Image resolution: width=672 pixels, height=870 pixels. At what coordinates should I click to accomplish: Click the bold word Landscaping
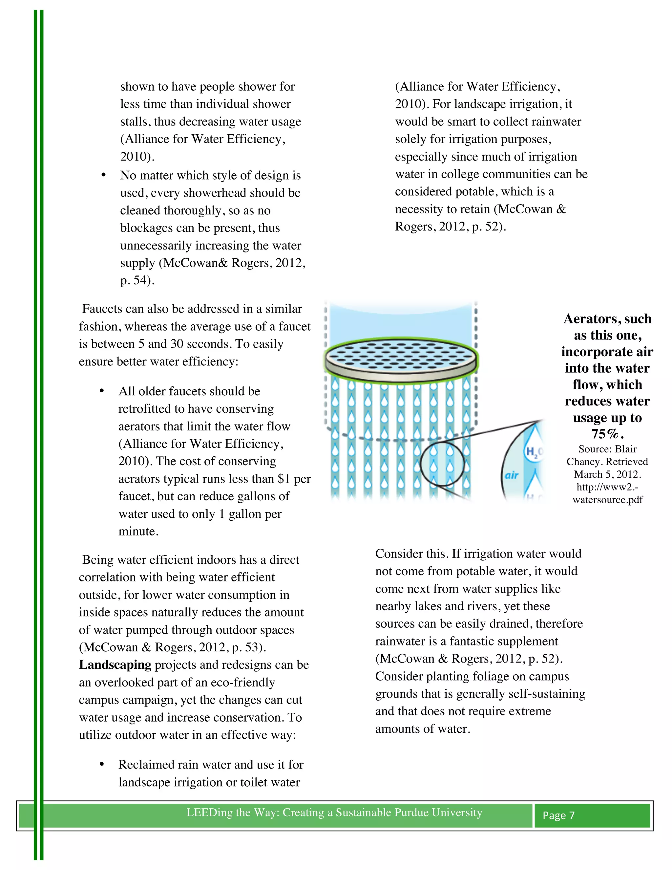(115, 665)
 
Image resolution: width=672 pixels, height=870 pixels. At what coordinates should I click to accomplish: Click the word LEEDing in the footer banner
(210, 813)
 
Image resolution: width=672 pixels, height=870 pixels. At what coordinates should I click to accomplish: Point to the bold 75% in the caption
(605, 434)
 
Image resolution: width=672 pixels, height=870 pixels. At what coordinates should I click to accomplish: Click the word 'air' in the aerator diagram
(512, 475)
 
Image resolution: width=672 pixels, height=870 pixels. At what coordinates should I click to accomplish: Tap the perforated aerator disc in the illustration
(401, 357)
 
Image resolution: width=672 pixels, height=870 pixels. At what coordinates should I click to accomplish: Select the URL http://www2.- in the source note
(607, 487)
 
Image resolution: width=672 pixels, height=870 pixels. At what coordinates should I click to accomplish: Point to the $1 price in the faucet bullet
(284, 478)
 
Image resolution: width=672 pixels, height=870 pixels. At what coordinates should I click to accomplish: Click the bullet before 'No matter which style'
(103, 175)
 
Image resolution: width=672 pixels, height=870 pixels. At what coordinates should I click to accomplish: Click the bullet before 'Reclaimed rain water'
(102, 764)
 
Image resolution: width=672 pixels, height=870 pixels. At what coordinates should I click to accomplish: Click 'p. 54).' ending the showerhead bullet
(137, 280)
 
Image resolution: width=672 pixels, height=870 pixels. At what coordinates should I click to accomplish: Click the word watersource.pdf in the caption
(607, 500)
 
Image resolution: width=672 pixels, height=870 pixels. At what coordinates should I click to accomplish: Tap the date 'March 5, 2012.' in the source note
(607, 474)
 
